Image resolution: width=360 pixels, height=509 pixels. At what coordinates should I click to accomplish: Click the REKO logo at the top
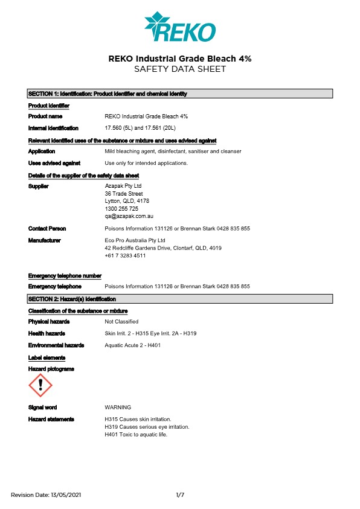click(x=179, y=27)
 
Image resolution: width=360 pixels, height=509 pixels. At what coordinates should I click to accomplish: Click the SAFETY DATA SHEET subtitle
click(x=179, y=69)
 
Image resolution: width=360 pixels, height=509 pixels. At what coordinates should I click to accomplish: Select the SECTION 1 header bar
click(x=180, y=94)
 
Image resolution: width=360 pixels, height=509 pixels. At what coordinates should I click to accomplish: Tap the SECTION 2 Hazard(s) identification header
click(x=180, y=299)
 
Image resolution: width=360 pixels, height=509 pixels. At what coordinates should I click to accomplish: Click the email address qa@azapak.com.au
click(x=129, y=216)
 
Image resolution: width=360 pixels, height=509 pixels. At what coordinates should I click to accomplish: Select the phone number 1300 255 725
click(x=121, y=208)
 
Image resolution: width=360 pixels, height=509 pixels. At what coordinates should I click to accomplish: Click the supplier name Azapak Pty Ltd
click(x=123, y=186)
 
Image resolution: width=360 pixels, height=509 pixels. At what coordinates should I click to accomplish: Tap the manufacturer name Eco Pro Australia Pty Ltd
click(x=135, y=240)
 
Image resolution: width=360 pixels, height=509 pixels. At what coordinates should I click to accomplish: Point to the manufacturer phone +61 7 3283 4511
click(x=125, y=255)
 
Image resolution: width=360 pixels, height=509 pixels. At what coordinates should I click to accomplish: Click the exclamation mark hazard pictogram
click(x=40, y=385)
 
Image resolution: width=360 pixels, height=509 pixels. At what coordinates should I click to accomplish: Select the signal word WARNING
click(x=118, y=408)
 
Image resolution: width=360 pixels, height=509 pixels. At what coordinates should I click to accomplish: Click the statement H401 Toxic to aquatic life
click(x=136, y=434)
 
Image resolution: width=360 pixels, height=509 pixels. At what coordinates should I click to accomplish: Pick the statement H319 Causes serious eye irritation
click(x=147, y=427)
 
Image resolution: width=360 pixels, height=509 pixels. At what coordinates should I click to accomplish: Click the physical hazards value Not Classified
click(x=121, y=322)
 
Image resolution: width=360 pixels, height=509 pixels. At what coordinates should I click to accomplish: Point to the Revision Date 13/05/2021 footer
click(x=46, y=495)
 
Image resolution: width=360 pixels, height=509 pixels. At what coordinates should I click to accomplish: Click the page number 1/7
click(x=180, y=495)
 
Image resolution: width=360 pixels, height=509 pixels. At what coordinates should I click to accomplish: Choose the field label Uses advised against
click(x=54, y=163)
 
